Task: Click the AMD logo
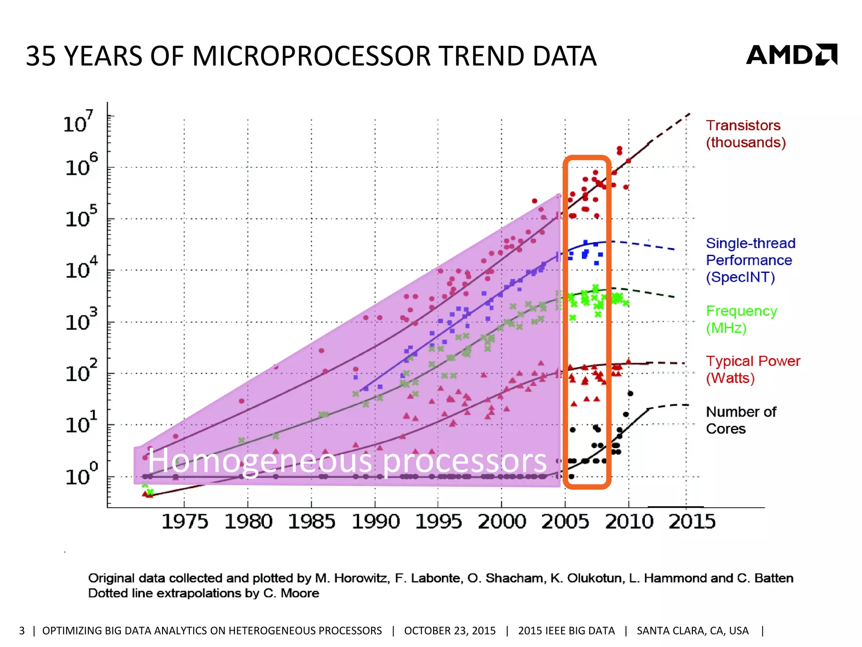(x=791, y=55)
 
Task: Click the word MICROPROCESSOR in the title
(x=311, y=56)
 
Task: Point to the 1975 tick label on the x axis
(x=184, y=521)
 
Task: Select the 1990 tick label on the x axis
(x=375, y=521)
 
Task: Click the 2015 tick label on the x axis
(x=692, y=521)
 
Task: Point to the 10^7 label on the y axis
(x=77, y=122)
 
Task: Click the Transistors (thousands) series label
(x=745, y=134)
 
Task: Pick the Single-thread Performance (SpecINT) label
(x=750, y=260)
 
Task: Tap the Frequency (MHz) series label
(x=741, y=319)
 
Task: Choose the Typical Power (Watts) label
(x=753, y=369)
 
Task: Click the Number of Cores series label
(x=741, y=420)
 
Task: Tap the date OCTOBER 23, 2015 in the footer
(x=450, y=631)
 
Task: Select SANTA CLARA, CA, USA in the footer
(x=692, y=631)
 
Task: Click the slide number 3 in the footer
(x=22, y=631)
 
